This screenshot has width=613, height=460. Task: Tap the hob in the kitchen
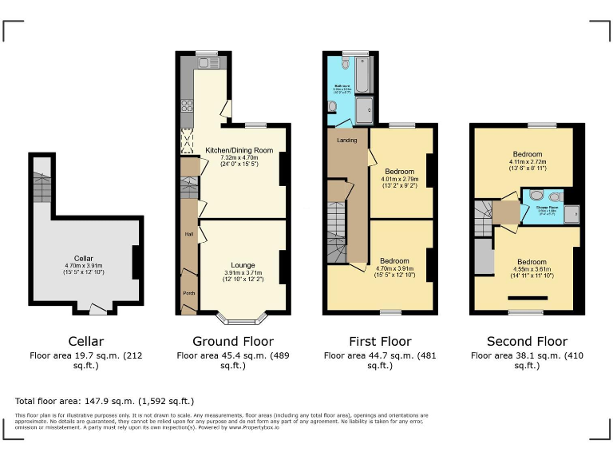click(x=188, y=104)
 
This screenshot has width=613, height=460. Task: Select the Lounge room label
click(x=243, y=264)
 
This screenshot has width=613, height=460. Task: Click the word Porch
click(x=189, y=293)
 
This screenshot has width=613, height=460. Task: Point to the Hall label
click(x=189, y=234)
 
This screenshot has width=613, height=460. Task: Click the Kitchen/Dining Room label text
click(x=239, y=150)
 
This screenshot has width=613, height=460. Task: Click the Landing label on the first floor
click(x=347, y=141)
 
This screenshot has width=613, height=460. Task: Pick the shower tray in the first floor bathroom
click(x=364, y=111)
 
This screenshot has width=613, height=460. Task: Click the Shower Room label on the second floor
click(x=548, y=208)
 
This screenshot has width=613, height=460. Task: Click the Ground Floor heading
click(x=227, y=342)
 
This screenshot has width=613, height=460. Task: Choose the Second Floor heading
click(x=526, y=342)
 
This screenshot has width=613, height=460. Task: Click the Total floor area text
click(x=105, y=401)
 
